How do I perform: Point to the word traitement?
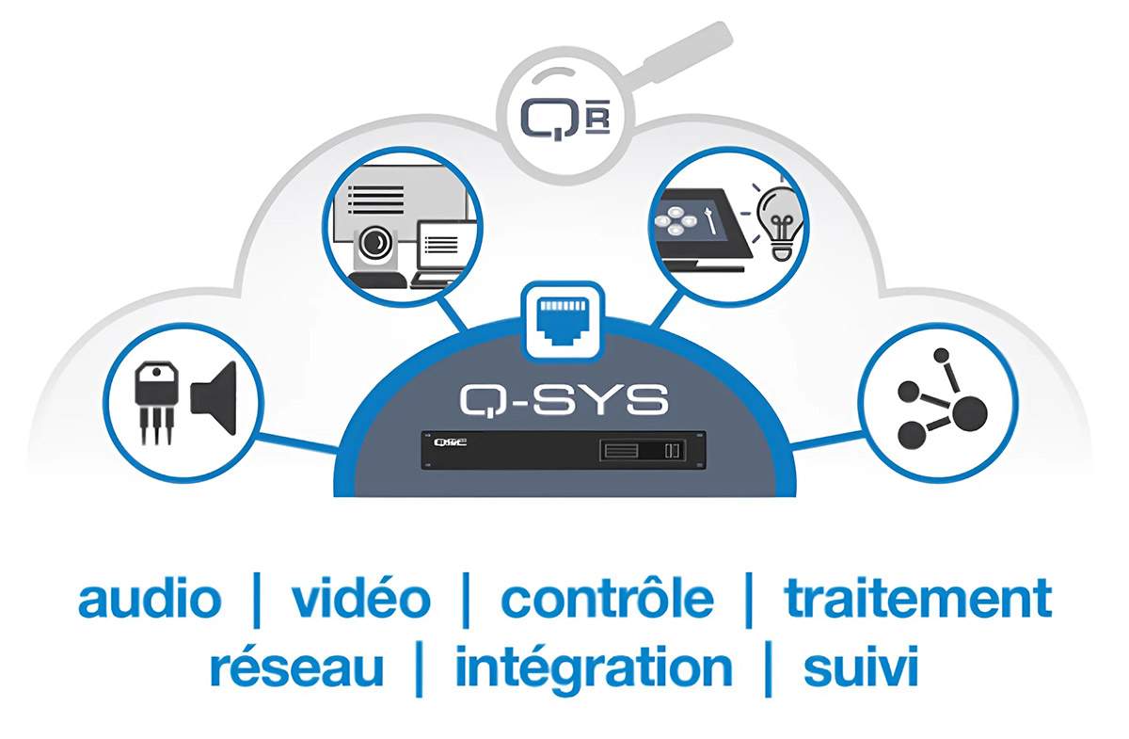918,599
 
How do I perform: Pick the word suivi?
861,666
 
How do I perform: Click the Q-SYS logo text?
564,400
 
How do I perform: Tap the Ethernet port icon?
563,321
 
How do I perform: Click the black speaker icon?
214,398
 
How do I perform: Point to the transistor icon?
156,402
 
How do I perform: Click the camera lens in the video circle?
374,243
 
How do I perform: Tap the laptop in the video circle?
442,254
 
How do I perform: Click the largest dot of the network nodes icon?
968,413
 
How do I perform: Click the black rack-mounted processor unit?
564,450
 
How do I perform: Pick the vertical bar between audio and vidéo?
257,601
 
